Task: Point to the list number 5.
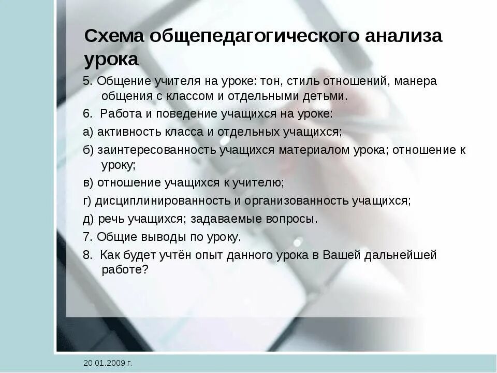[x=87, y=81]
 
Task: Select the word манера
[x=417, y=81]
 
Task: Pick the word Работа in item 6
[x=118, y=114]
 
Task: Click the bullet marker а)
[x=88, y=132]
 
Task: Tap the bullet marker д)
[x=88, y=219]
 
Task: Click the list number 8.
[x=87, y=255]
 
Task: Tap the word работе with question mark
[x=125, y=269]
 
